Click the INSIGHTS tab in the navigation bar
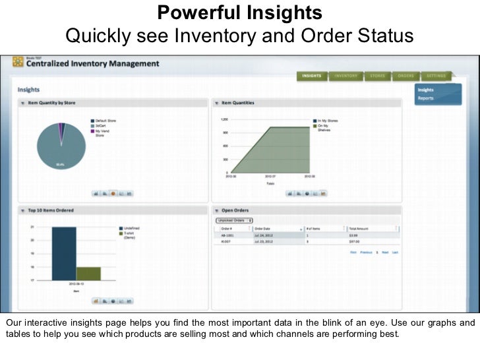tap(311, 76)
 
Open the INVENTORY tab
tap(345, 76)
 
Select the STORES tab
tap(377, 76)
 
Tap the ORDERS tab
tap(405, 76)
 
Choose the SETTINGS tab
tap(435, 76)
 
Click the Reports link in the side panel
tap(425, 98)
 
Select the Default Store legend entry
tap(105, 121)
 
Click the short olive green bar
tap(88, 274)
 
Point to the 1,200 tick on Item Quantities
tap(224, 120)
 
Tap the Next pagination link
tap(384, 253)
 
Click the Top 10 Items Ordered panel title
tap(51, 210)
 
